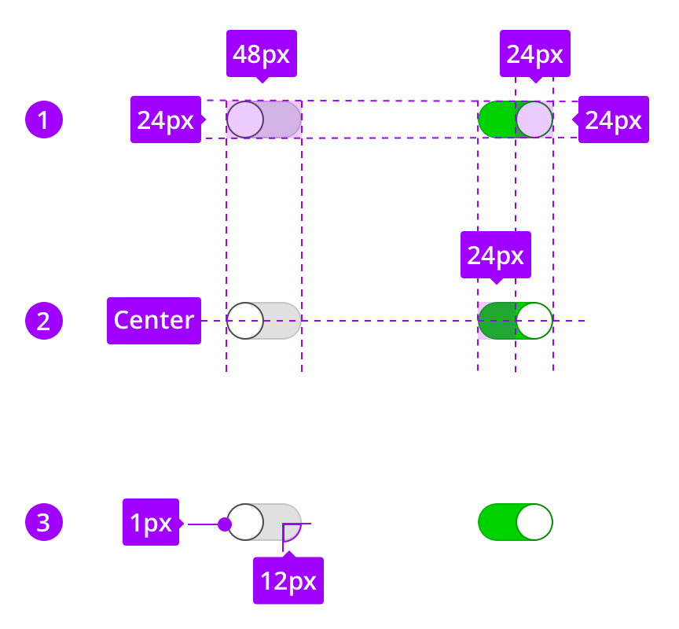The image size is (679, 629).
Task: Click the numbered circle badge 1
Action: tap(44, 120)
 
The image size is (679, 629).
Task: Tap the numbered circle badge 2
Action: tap(44, 321)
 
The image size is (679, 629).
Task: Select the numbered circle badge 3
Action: tap(44, 522)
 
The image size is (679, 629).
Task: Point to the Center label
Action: tap(154, 321)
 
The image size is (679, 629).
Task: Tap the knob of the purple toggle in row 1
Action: tap(245, 120)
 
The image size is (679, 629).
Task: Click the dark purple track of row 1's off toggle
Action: tap(283, 120)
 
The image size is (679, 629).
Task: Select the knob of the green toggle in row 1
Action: tap(534, 120)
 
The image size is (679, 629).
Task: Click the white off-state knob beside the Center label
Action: tap(245, 321)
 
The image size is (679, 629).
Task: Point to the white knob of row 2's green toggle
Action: tap(534, 321)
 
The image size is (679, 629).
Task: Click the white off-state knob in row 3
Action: tap(245, 522)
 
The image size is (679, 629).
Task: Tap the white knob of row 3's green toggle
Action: tap(534, 522)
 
